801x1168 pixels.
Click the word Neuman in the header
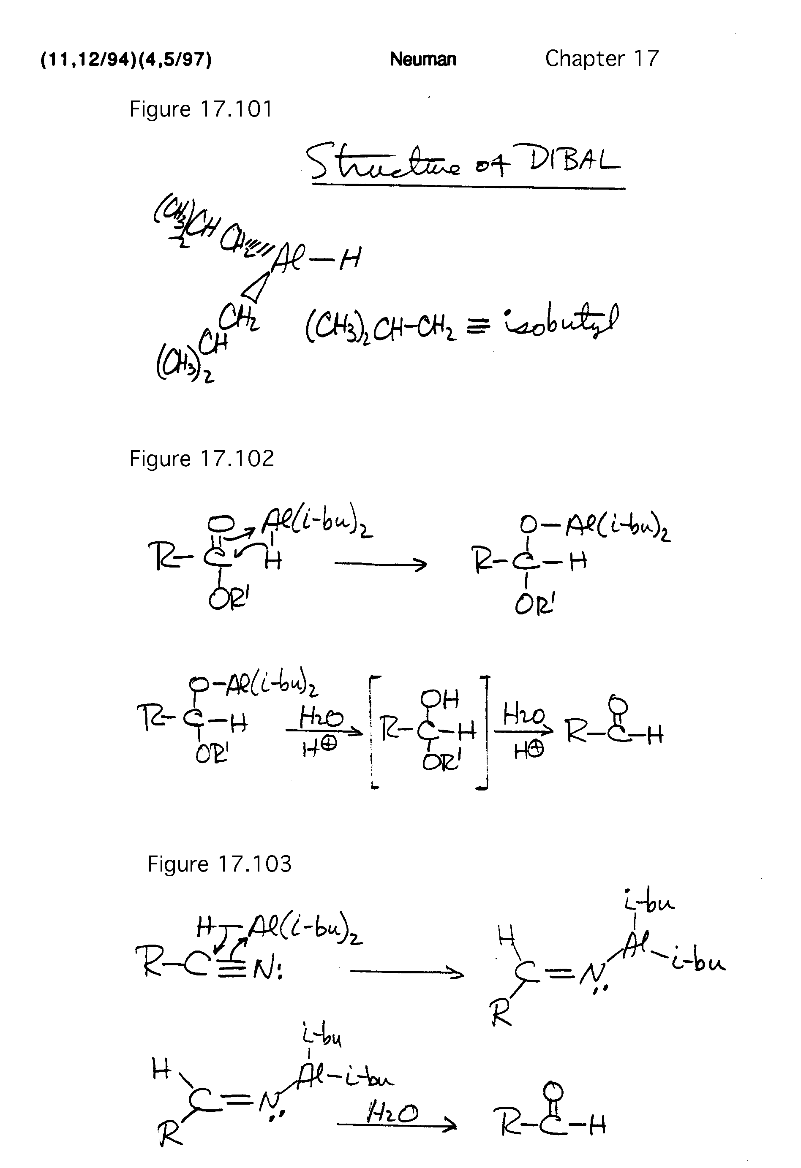[423, 59]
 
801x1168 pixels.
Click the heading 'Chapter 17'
[602, 58]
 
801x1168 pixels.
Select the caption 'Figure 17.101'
[201, 109]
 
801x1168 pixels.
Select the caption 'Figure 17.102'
[202, 458]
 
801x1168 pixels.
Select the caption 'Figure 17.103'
[219, 864]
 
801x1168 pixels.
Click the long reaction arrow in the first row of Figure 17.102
[380, 564]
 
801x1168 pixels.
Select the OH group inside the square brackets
[439, 698]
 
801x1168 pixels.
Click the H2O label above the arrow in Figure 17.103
[392, 1115]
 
